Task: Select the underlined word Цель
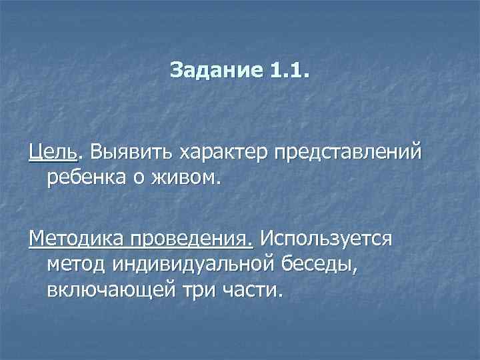(53, 153)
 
